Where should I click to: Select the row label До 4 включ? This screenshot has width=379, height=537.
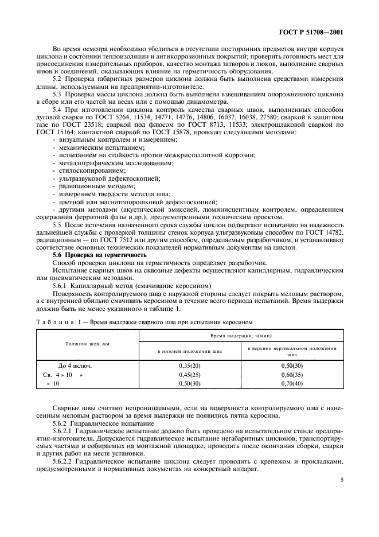pos(75,365)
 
